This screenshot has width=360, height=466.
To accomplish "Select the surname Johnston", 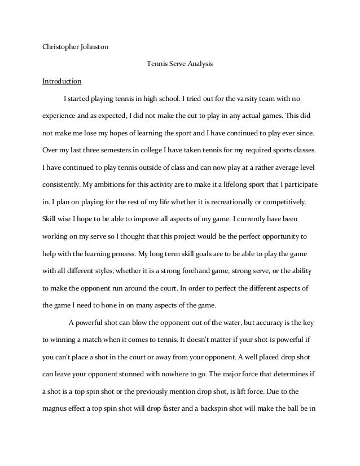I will [x=94, y=47].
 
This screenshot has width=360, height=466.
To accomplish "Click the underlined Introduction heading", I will [x=62, y=80].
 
